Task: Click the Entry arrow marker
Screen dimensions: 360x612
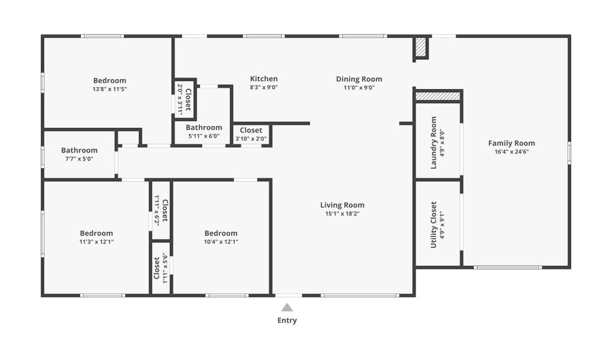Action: (x=287, y=307)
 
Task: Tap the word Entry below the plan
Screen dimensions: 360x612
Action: (x=287, y=320)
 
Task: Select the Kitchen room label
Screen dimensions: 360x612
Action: (x=264, y=79)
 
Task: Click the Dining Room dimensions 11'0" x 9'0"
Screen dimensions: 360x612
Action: (x=359, y=87)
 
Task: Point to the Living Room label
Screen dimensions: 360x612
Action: (x=342, y=205)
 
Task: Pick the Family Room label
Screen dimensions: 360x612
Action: (x=511, y=143)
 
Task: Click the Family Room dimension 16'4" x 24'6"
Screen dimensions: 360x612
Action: (x=511, y=152)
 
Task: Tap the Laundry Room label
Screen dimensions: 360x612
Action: (x=434, y=144)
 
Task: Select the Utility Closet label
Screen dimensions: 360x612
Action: (x=434, y=224)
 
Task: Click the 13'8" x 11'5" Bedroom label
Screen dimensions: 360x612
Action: (x=109, y=80)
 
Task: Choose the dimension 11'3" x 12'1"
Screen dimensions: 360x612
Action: (x=96, y=242)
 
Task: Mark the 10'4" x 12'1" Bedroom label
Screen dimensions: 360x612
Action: (x=221, y=233)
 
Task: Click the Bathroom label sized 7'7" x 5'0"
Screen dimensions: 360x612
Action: (x=80, y=150)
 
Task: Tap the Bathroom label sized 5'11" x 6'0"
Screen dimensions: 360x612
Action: (x=204, y=127)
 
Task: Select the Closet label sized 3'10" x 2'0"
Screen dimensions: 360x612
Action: (x=251, y=130)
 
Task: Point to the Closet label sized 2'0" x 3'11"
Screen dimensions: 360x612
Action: (x=188, y=99)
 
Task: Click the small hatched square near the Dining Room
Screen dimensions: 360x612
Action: (x=420, y=47)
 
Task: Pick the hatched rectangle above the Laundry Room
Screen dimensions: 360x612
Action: (x=438, y=96)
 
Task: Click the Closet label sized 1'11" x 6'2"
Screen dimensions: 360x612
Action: (x=165, y=210)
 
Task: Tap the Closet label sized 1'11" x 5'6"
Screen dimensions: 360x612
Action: (x=157, y=267)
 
